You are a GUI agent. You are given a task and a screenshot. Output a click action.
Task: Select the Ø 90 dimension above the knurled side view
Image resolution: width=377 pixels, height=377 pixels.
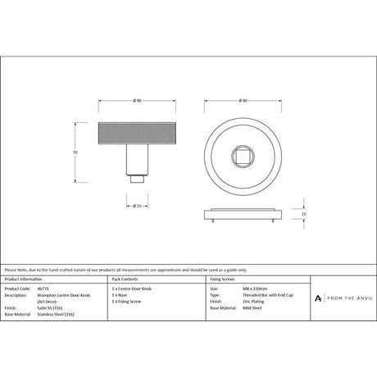point(136,102)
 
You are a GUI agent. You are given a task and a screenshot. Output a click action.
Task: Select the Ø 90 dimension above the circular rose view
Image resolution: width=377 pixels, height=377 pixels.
point(243,102)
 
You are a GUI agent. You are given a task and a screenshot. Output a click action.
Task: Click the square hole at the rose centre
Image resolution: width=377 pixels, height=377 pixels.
point(243,154)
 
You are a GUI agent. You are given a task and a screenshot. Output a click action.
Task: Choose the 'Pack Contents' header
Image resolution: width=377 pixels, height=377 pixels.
point(125,279)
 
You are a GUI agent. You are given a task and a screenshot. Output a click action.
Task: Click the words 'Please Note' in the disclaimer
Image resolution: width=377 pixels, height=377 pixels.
point(15,269)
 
